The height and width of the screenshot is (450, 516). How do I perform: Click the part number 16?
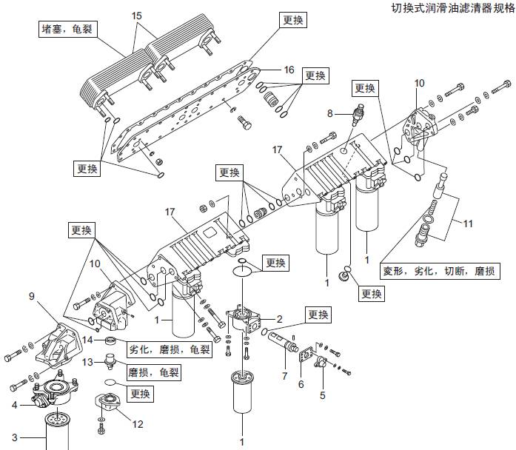point(289,70)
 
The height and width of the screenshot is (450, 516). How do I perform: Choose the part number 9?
point(32,296)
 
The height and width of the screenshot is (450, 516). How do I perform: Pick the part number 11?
point(468,221)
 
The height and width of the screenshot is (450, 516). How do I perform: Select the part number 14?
point(87,340)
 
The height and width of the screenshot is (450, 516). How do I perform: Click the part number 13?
point(87,362)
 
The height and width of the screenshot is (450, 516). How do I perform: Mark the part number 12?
point(137,423)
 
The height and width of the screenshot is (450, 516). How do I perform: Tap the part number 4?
point(13,404)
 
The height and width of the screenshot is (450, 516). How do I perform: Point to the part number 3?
point(13,436)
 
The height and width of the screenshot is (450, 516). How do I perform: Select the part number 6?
point(300,383)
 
